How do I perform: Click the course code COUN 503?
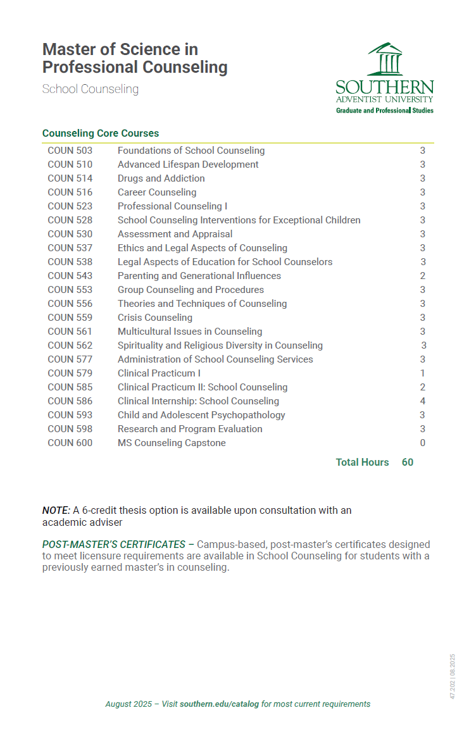70,151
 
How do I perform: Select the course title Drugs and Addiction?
161,178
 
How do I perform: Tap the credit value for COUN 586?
423,401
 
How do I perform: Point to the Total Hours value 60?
408,463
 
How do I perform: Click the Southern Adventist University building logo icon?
385,59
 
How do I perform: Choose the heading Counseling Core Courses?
101,134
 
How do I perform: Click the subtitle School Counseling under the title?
90,89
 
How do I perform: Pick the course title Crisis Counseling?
154,318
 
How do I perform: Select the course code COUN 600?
70,443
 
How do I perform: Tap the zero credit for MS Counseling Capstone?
423,443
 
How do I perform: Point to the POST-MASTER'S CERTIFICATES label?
114,545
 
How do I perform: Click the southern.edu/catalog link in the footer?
219,704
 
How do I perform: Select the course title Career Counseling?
156,192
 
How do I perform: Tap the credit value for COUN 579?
423,373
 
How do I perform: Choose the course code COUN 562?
70,345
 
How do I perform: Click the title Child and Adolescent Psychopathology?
201,415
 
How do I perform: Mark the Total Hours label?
362,463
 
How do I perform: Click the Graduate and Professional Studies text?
384,110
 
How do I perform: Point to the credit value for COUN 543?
423,276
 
